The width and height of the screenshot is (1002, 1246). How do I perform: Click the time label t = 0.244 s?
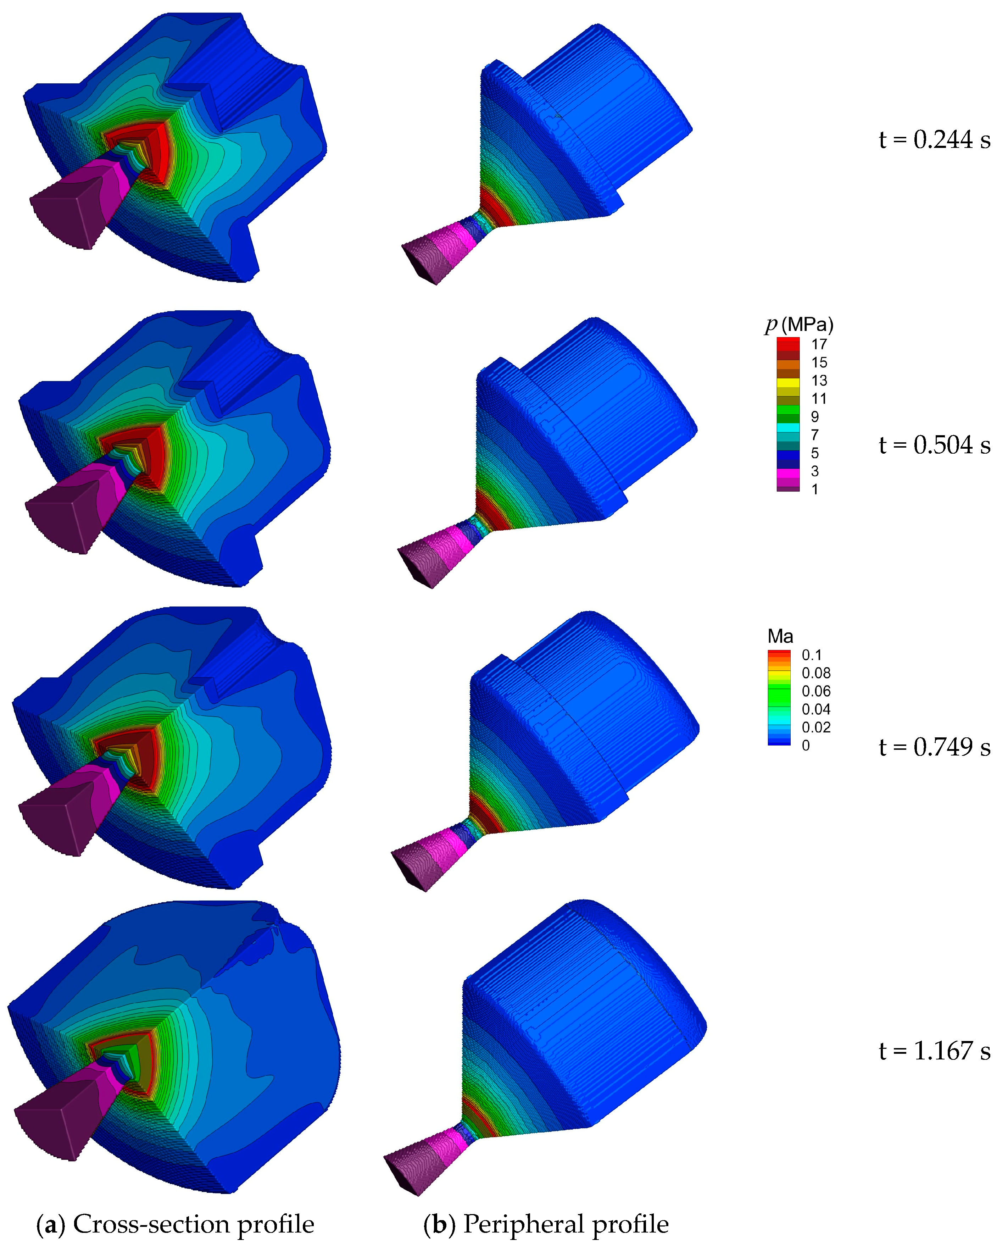coord(934,140)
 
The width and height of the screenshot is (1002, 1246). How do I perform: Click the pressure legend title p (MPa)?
coord(799,325)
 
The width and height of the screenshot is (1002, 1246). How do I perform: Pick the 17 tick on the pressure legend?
coord(819,344)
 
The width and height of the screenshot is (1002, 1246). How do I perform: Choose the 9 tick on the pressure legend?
coord(815,417)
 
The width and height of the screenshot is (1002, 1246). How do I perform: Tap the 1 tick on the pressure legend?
coord(815,489)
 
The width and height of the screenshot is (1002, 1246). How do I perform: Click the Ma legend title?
coord(780,636)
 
